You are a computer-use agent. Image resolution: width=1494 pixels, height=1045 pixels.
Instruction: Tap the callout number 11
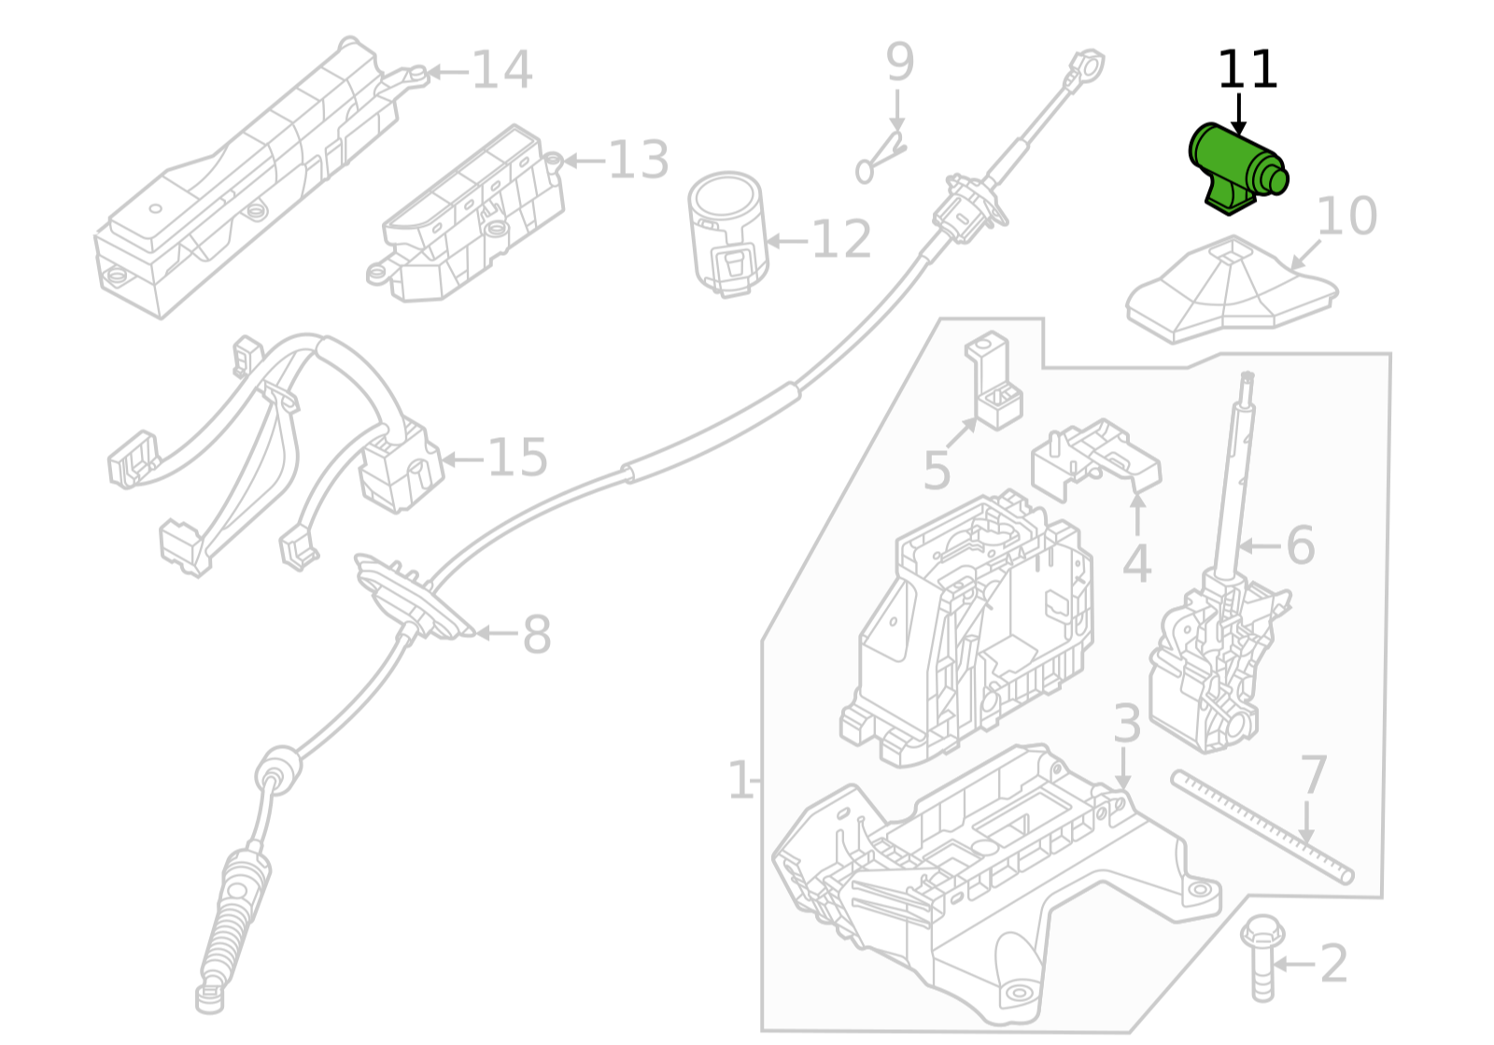pyautogui.click(x=1247, y=70)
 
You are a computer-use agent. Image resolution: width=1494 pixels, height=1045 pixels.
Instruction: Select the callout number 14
pyautogui.click(x=502, y=70)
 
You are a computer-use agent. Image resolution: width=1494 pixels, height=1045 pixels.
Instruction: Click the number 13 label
pyautogui.click(x=639, y=161)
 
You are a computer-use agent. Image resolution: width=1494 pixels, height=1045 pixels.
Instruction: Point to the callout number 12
pyautogui.click(x=841, y=240)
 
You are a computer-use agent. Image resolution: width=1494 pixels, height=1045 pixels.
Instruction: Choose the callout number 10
pyautogui.click(x=1346, y=216)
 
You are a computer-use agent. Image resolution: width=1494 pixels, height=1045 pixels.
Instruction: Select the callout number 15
pyautogui.click(x=517, y=458)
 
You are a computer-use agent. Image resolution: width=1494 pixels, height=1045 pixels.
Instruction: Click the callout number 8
pyautogui.click(x=536, y=634)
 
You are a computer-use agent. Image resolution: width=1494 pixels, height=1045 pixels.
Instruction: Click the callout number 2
pyautogui.click(x=1334, y=964)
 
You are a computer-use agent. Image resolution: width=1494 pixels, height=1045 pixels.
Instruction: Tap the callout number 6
pyautogui.click(x=1301, y=544)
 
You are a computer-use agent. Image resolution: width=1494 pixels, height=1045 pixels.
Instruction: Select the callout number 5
pyautogui.click(x=937, y=470)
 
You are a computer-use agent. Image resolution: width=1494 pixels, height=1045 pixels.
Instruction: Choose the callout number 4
pyautogui.click(x=1136, y=563)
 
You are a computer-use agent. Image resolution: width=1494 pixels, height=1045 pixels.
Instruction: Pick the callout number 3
pyautogui.click(x=1127, y=724)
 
